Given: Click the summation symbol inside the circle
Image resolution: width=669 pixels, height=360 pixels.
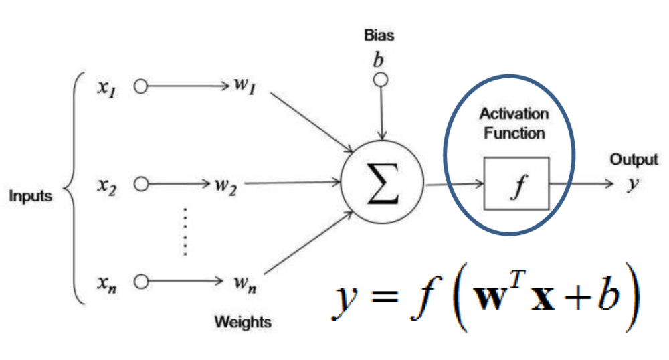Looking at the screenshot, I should pyautogui.click(x=382, y=183).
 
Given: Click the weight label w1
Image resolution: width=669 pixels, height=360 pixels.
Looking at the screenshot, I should pyautogui.click(x=242, y=87).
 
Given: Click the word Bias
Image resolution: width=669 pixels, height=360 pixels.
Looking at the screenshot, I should pyautogui.click(x=379, y=35).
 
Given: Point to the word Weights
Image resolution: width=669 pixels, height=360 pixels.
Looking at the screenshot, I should pyautogui.click(x=242, y=322).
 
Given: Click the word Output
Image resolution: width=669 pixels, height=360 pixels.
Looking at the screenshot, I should pyautogui.click(x=634, y=160).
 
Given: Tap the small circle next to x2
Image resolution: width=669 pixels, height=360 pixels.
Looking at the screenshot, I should pyautogui.click(x=140, y=184).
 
